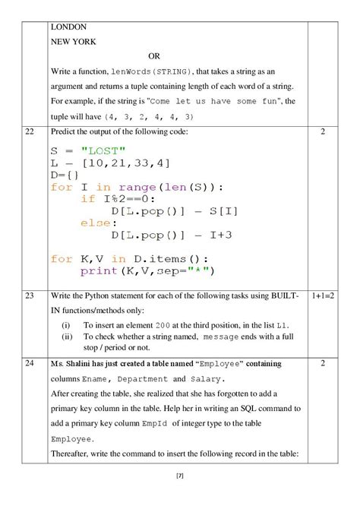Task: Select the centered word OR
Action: (154, 56)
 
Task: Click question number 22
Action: (30, 132)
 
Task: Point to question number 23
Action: (30, 294)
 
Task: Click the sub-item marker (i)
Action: (67, 325)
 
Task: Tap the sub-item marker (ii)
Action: (68, 337)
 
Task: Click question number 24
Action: (30, 363)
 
